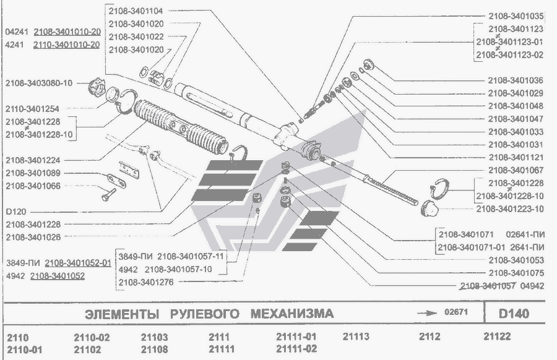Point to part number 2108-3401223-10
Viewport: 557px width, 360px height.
510,208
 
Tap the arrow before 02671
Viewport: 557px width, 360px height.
427,313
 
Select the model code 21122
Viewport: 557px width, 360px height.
499,337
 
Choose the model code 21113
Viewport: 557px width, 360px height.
355,337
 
